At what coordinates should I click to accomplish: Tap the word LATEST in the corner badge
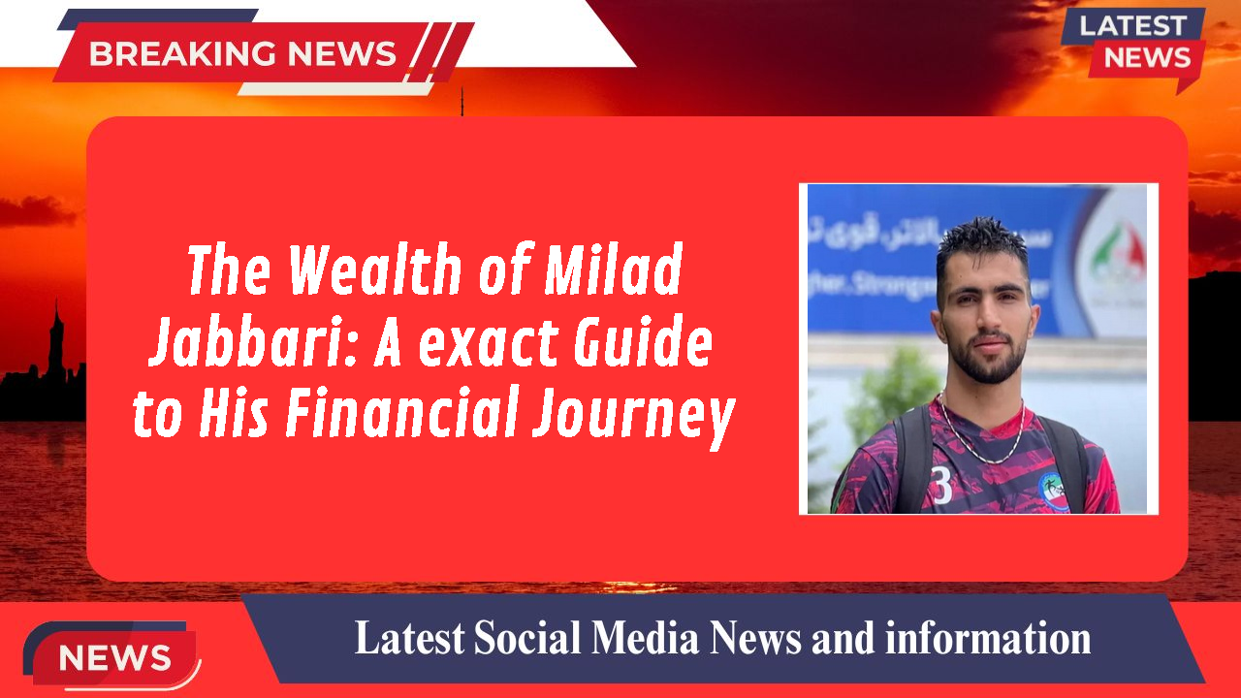[x=1132, y=25]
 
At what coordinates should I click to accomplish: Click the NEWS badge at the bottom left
[x=114, y=658]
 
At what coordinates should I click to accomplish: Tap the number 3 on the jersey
[x=940, y=486]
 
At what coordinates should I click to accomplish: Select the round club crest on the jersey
[x=1053, y=490]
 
